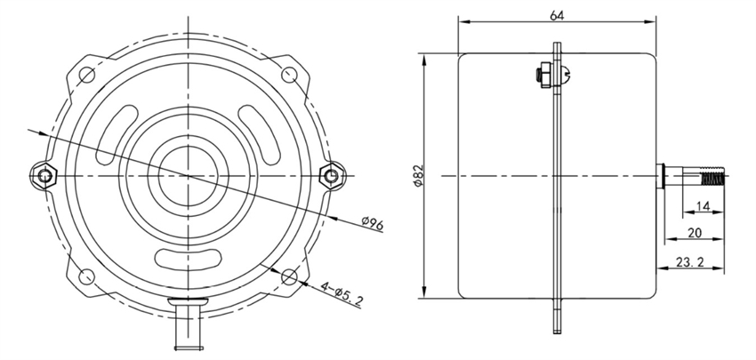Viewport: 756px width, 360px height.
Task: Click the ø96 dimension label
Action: point(371,224)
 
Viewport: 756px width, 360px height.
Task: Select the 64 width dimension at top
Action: point(557,14)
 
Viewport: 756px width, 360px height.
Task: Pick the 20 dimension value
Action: point(697,234)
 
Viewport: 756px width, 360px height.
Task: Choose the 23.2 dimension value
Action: point(694,263)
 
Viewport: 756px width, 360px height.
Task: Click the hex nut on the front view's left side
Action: point(44,175)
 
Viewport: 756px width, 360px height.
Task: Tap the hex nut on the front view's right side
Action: point(334,175)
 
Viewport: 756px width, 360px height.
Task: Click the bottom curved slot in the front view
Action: point(189,260)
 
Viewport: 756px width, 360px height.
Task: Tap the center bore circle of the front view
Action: point(189,175)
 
